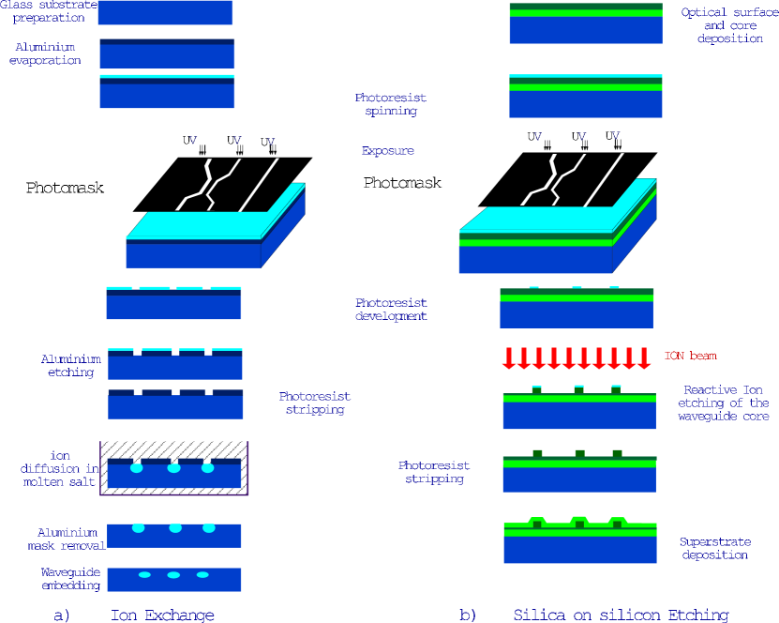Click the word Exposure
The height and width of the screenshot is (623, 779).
[387, 151]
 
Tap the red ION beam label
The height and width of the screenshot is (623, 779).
[691, 357]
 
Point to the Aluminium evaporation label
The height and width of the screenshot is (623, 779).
[45, 53]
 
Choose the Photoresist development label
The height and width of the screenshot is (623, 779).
[391, 310]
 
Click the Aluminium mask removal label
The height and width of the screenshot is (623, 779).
[65, 539]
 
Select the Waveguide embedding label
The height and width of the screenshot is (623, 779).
[70, 579]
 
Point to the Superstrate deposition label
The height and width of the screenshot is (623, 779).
[713, 549]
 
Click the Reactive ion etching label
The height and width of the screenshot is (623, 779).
[723, 403]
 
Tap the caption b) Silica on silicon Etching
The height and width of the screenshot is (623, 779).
[593, 615]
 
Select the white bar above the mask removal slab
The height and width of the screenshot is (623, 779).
[209, 517]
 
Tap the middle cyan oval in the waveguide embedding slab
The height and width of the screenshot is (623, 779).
[173, 574]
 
